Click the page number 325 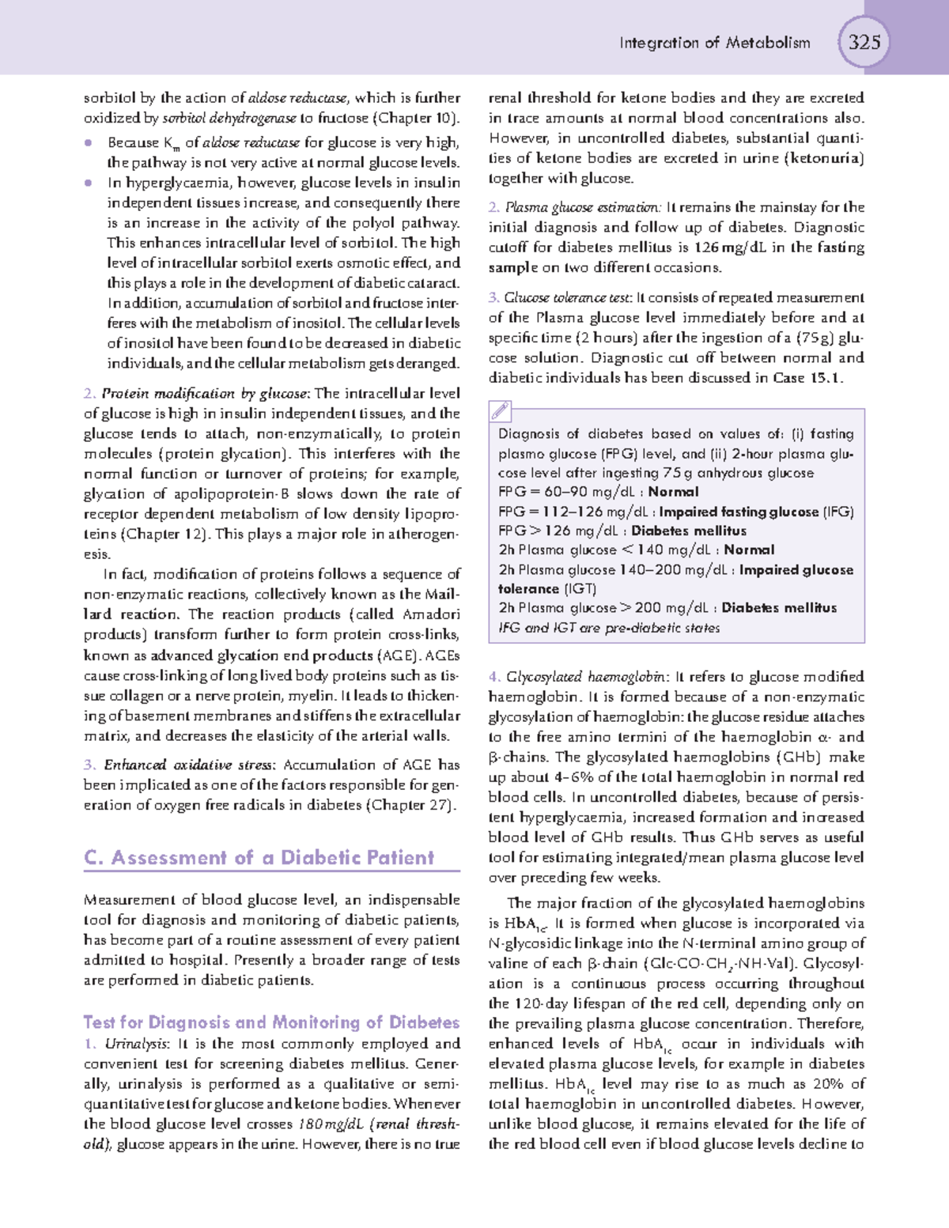(x=864, y=41)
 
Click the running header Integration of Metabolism (x=715, y=43)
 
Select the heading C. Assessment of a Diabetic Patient (x=259, y=858)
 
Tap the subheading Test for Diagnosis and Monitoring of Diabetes (x=271, y=1022)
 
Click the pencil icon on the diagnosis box (x=501, y=411)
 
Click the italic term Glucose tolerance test (x=569, y=298)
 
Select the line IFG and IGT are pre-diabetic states (x=609, y=628)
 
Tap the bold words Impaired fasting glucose (x=739, y=512)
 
